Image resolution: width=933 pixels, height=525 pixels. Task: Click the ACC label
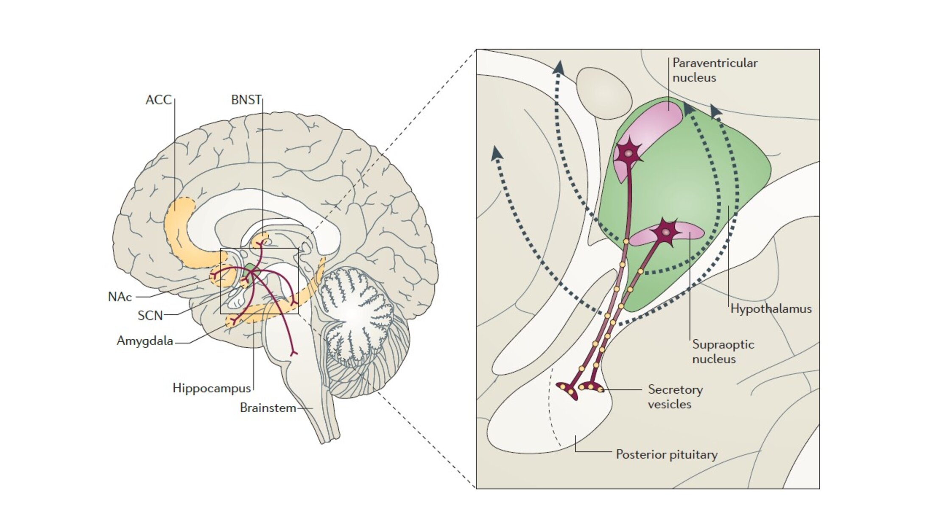(x=159, y=100)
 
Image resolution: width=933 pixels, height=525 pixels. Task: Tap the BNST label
(x=246, y=100)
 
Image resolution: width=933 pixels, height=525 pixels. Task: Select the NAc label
(x=120, y=297)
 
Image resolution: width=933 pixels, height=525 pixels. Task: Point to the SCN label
(x=150, y=316)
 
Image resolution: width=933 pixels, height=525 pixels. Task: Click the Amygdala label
(x=145, y=341)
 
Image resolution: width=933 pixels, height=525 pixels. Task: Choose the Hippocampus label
(x=212, y=388)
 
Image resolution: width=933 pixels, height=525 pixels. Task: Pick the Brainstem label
(x=268, y=408)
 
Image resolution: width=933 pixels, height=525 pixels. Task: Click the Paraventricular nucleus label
(x=715, y=70)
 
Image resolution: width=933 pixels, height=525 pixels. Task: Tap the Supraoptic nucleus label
(x=723, y=352)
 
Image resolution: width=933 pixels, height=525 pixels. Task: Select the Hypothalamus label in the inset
(x=771, y=309)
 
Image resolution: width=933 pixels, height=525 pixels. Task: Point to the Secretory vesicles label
(x=675, y=397)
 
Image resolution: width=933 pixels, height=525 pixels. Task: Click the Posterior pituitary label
(x=667, y=455)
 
